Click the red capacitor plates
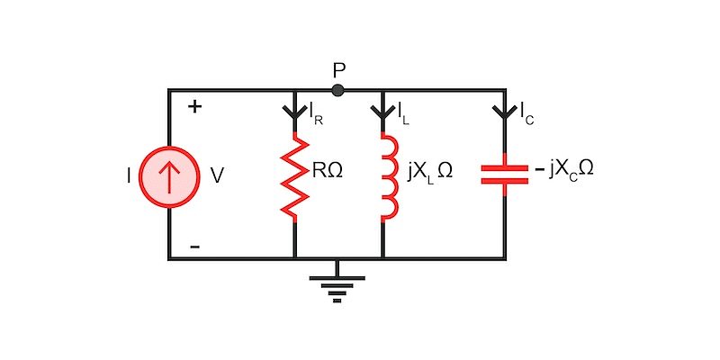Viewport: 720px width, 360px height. tap(505, 174)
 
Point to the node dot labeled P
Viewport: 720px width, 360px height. tap(337, 90)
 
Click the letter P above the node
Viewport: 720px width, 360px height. tap(338, 69)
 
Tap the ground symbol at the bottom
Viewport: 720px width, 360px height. tap(337, 283)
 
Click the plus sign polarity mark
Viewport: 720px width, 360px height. tap(194, 107)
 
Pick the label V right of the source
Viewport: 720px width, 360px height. tap(217, 176)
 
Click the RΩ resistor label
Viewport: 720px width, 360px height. tap(328, 170)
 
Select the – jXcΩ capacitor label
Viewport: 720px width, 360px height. tap(563, 170)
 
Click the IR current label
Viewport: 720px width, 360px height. tap(316, 114)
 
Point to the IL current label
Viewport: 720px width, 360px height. tap(405, 114)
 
